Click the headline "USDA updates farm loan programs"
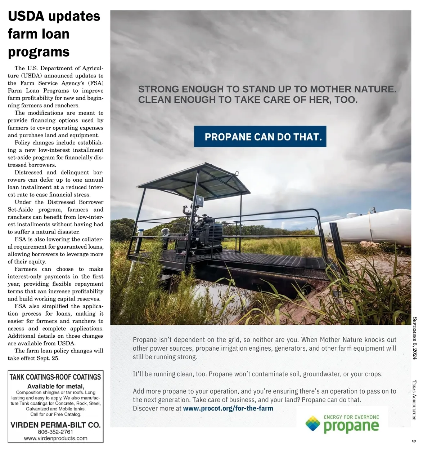click(x=54, y=34)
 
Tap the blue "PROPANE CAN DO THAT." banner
click(x=260, y=137)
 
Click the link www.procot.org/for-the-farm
click(x=228, y=408)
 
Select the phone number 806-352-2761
click(x=55, y=432)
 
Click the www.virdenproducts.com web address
click(x=55, y=438)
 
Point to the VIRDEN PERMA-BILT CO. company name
click(x=55, y=425)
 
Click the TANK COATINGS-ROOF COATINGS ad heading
click(x=55, y=377)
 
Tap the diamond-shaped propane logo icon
click(x=312, y=423)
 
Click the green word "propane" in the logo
click(x=351, y=426)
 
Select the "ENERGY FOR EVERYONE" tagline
click(x=351, y=417)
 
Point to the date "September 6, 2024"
click(x=414, y=338)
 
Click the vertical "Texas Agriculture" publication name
click(x=414, y=400)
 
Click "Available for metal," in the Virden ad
click(x=56, y=386)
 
